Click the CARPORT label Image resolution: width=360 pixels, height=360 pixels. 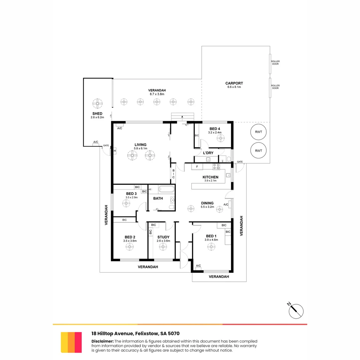234,83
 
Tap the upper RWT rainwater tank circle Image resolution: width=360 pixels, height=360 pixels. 258,132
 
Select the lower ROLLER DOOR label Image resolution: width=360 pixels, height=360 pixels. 275,87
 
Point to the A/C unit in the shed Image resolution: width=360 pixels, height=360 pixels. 96,142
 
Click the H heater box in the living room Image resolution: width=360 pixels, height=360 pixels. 114,151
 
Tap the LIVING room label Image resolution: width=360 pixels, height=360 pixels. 141,145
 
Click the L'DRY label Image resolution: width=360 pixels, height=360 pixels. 208,153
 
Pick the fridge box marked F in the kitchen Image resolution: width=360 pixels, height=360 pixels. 197,167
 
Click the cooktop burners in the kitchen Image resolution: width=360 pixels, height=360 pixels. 216,167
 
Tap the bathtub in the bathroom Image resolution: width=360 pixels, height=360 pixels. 166,190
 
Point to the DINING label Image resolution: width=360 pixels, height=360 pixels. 207,203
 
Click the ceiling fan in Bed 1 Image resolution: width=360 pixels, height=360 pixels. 211,247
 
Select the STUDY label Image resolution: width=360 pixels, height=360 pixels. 163,237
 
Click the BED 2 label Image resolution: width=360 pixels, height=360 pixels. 130,237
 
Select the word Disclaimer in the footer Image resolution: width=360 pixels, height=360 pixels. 102,341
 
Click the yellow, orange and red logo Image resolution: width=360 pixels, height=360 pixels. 71,342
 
